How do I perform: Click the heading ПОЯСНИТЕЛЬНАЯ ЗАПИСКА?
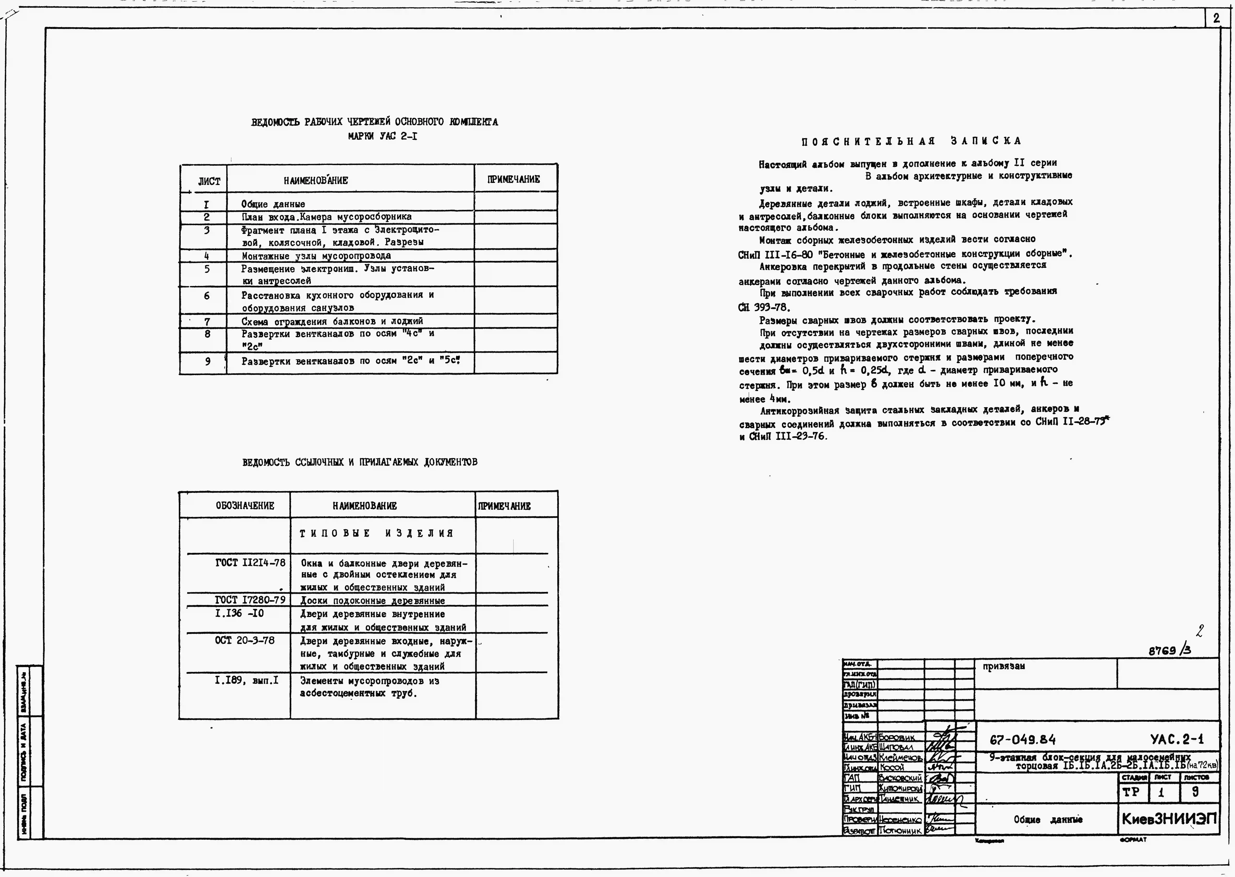(x=911, y=141)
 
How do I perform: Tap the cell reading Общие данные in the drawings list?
(x=273, y=204)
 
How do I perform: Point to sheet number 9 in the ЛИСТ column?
(x=207, y=361)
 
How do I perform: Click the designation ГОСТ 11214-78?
(x=250, y=563)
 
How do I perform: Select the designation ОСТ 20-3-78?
(x=244, y=640)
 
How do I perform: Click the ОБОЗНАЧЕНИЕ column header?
(x=244, y=506)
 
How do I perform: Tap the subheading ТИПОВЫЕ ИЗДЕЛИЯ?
(x=376, y=534)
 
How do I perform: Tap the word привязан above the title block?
(x=1003, y=666)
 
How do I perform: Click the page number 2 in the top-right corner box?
(x=1216, y=18)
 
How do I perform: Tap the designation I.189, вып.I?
(x=246, y=680)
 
